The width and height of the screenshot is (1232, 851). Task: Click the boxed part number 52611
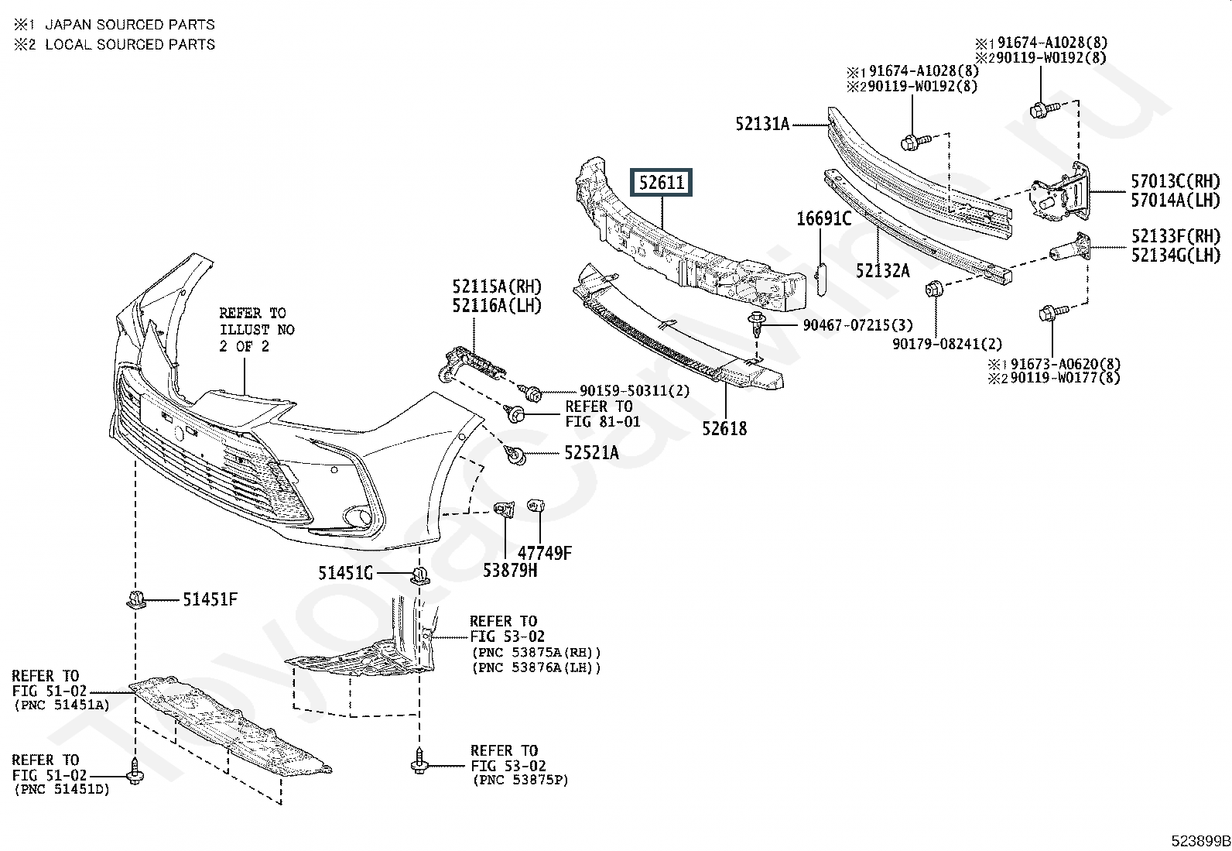(661, 182)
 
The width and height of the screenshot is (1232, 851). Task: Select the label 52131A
(762, 125)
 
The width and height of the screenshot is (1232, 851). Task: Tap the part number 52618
(724, 428)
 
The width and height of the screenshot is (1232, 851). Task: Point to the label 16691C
(824, 219)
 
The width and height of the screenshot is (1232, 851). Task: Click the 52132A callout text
(883, 270)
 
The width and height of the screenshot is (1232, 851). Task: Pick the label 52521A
(592, 453)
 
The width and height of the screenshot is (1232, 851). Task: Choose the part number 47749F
(545, 553)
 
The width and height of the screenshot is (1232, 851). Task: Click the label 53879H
(510, 570)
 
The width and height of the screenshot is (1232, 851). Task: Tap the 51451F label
(210, 599)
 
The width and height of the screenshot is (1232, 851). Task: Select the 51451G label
(345, 574)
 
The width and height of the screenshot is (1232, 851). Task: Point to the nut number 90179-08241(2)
(947, 344)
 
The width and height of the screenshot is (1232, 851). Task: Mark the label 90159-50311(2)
(635, 391)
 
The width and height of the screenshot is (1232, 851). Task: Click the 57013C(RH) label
(1176, 181)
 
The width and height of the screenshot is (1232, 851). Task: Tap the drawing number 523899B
(1201, 841)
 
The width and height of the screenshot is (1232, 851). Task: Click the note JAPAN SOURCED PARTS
(130, 25)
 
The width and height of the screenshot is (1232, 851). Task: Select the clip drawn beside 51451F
(135, 599)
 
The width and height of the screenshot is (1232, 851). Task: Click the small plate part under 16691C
(820, 280)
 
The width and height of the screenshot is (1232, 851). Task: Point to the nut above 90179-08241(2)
(935, 288)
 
